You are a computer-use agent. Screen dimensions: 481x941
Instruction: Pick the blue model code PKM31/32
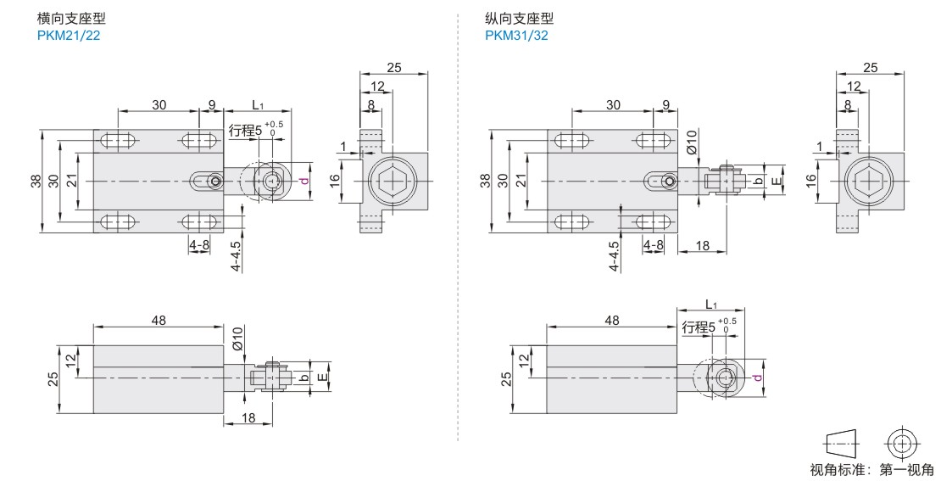[x=516, y=35]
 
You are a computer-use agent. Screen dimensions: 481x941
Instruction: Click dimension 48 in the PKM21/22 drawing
[x=159, y=320]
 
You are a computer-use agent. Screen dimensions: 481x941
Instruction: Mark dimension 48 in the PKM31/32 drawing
[x=612, y=320]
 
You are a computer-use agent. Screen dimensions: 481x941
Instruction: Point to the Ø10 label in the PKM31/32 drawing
[x=691, y=141]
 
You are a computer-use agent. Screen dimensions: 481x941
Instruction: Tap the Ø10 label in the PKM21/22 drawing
[x=238, y=340]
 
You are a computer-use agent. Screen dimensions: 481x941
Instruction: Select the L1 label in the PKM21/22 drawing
[x=259, y=105]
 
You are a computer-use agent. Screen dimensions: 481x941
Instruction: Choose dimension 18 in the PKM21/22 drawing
[x=248, y=417]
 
